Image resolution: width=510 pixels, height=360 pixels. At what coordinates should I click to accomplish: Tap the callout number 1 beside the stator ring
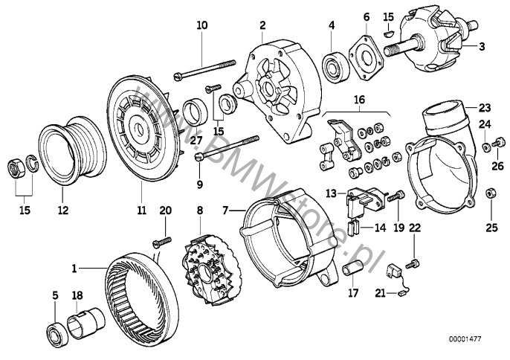(x=74, y=266)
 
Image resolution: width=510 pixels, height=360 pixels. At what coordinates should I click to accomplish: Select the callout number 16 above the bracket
(x=359, y=99)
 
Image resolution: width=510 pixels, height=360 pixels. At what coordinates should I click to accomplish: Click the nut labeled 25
(x=489, y=194)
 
